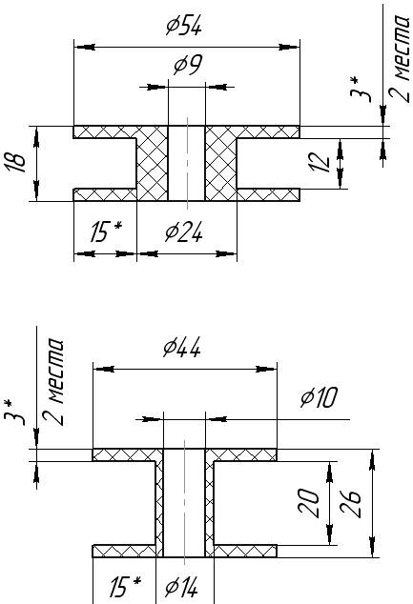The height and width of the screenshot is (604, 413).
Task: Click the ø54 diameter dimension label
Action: coord(183,26)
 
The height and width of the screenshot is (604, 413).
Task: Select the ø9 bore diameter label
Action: coord(187,65)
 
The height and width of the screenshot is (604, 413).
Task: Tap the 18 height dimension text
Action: coord(15,163)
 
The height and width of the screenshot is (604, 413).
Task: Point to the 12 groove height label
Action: coord(320,162)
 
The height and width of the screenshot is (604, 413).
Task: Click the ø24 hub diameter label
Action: coord(183,232)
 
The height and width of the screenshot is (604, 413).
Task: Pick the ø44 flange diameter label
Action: coord(182,348)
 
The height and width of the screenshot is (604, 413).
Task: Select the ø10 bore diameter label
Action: coord(319,397)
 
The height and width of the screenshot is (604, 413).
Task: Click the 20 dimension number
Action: coord(309,503)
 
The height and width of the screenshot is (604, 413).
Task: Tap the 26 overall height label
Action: coord(351,503)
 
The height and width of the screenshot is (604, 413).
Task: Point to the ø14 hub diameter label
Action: coord(181,587)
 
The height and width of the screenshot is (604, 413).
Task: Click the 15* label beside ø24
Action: coord(106,232)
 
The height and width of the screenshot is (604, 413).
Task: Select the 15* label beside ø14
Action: coord(125,586)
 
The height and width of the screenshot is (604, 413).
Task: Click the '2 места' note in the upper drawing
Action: coord(399,59)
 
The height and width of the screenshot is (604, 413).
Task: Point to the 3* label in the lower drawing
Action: coord(15,413)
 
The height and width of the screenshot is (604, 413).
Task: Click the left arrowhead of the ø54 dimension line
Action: coord(85,48)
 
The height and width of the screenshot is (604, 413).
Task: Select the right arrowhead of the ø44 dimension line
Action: coord(266,369)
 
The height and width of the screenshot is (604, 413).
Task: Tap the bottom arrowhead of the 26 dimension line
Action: coord(372,547)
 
